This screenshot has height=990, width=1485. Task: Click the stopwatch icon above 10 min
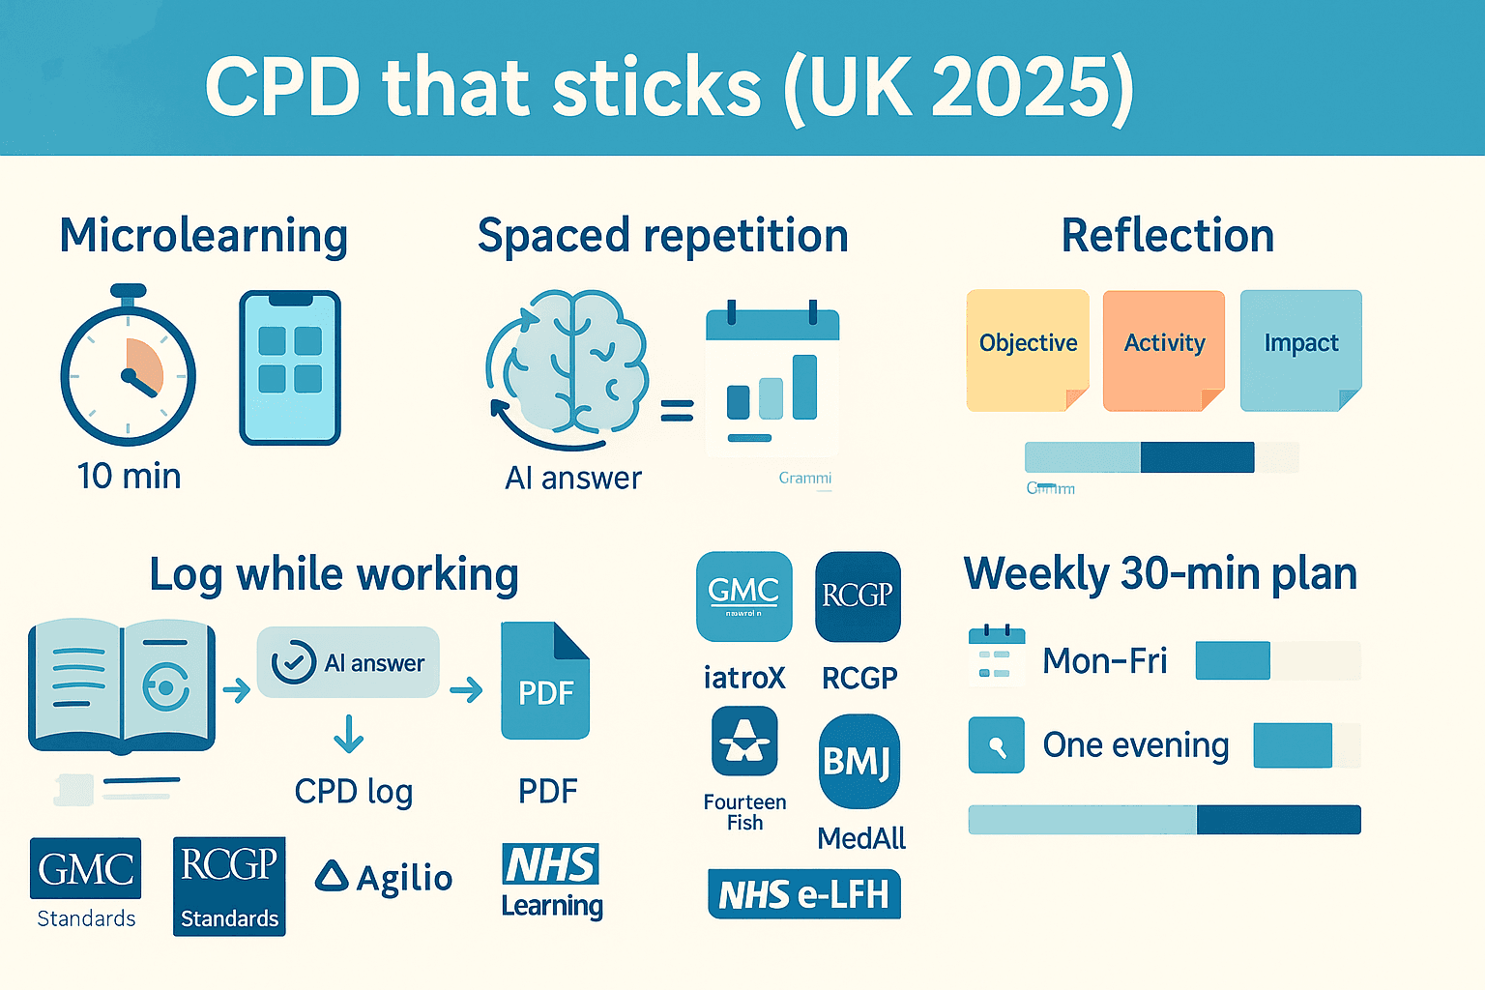[x=129, y=372]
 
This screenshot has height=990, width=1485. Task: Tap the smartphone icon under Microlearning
[x=290, y=367]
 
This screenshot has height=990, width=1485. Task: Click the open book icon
[x=122, y=686]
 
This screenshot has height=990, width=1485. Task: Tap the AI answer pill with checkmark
[x=348, y=663]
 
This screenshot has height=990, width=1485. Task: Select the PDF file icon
[x=545, y=681]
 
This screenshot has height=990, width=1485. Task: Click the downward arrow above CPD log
[x=348, y=735]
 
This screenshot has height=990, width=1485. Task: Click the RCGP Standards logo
[x=229, y=886]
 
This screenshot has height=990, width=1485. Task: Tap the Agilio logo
[x=384, y=878]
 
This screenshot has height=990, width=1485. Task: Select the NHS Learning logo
[x=551, y=880]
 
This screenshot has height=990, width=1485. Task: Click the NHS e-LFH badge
[x=804, y=894]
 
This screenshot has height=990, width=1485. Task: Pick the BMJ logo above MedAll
[x=859, y=761]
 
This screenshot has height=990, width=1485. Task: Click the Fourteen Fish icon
[x=744, y=741]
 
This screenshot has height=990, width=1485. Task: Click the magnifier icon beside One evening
[x=996, y=744]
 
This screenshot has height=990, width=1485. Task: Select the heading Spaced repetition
[x=662, y=236]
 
